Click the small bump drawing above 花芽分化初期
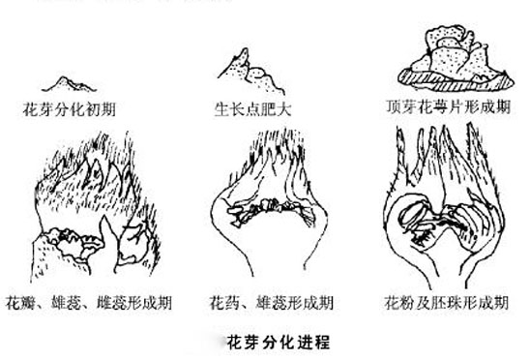click(x=73, y=81)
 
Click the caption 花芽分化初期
click(x=75, y=108)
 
